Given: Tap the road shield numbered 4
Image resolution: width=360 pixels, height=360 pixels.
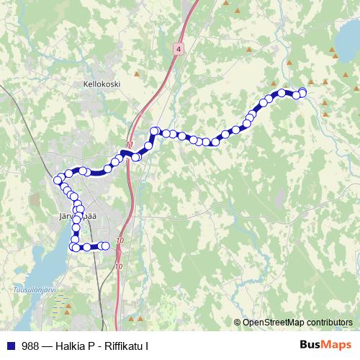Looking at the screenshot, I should point(179,48).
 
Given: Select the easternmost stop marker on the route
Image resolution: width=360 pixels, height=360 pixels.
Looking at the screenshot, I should point(302,91).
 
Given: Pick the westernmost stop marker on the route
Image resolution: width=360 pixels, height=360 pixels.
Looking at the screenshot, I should point(58,180).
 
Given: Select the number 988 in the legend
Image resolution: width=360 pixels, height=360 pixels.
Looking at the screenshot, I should point(30,346).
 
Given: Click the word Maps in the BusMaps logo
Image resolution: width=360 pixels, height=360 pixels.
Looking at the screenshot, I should point(334,346).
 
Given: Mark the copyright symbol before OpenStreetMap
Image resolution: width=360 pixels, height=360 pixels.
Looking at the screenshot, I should point(238,323).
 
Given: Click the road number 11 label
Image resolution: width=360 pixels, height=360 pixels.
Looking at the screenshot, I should point(130,145).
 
